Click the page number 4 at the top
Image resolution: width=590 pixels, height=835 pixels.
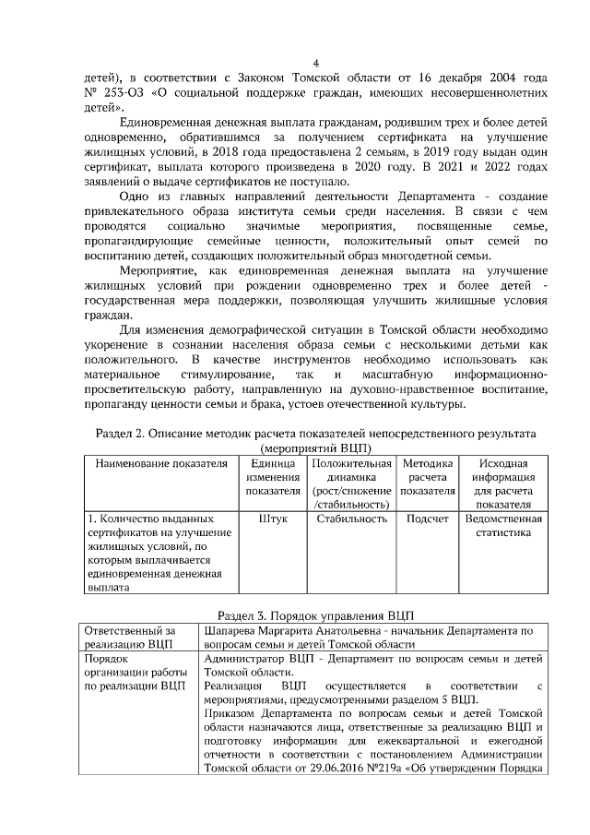click(x=315, y=64)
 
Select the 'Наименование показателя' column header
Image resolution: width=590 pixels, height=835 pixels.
click(x=162, y=463)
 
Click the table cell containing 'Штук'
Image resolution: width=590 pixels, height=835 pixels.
click(x=273, y=519)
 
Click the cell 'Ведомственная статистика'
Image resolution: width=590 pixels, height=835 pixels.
click(x=503, y=526)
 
